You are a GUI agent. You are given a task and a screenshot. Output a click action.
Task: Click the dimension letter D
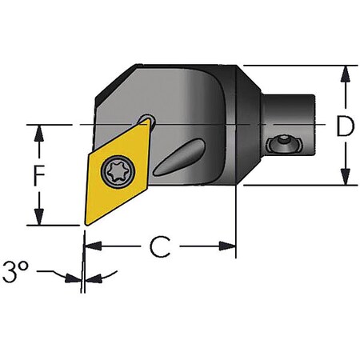(345, 126)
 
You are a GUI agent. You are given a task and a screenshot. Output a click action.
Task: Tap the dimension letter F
(37, 174)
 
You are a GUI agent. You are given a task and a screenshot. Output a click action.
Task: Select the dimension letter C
(161, 248)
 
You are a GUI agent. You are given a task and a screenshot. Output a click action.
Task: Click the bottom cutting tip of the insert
(84, 224)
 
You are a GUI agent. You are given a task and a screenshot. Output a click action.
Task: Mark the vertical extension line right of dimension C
(236, 224)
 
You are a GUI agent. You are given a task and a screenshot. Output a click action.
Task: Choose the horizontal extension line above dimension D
(296, 66)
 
